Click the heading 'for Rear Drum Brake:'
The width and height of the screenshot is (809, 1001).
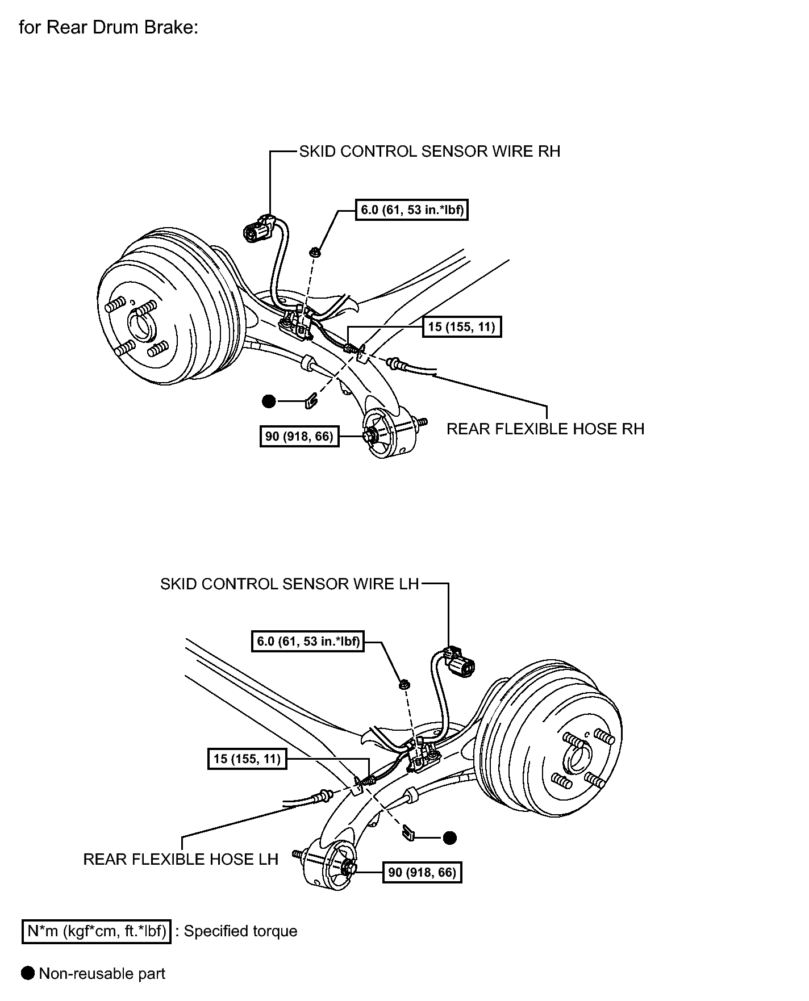[109, 27]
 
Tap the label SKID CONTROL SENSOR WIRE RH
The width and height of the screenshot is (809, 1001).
[429, 152]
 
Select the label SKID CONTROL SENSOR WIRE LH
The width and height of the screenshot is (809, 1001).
[290, 584]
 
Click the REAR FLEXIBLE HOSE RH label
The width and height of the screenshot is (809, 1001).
[545, 429]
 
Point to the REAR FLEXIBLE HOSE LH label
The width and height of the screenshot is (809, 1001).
[181, 859]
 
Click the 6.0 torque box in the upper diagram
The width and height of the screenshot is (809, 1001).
[411, 210]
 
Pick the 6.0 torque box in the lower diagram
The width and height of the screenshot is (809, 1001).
[307, 641]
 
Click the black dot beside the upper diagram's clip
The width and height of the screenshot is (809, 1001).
[269, 401]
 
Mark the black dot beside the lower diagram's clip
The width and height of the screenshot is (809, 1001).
[450, 837]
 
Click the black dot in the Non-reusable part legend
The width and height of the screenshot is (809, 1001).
[28, 973]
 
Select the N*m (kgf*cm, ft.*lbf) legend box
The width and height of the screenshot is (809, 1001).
[97, 931]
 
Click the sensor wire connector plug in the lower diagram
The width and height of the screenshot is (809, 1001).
[460, 661]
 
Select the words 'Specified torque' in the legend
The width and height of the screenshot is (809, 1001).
[240, 931]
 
